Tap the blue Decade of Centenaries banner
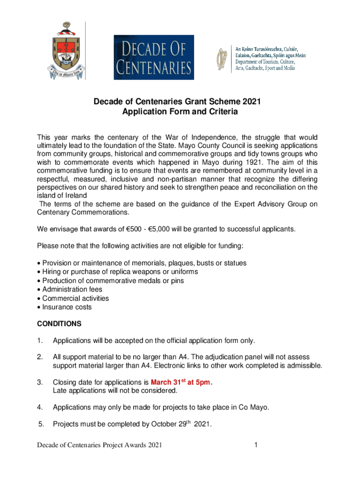[154, 58]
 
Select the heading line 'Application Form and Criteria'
[180, 112]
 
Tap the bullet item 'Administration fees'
[72, 290]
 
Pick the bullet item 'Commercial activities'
[75, 298]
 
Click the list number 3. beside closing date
[40, 383]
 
